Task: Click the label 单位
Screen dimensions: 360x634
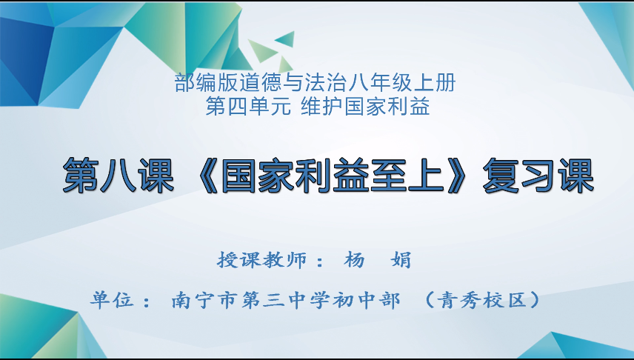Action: coord(111,300)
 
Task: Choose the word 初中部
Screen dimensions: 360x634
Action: coord(369,300)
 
